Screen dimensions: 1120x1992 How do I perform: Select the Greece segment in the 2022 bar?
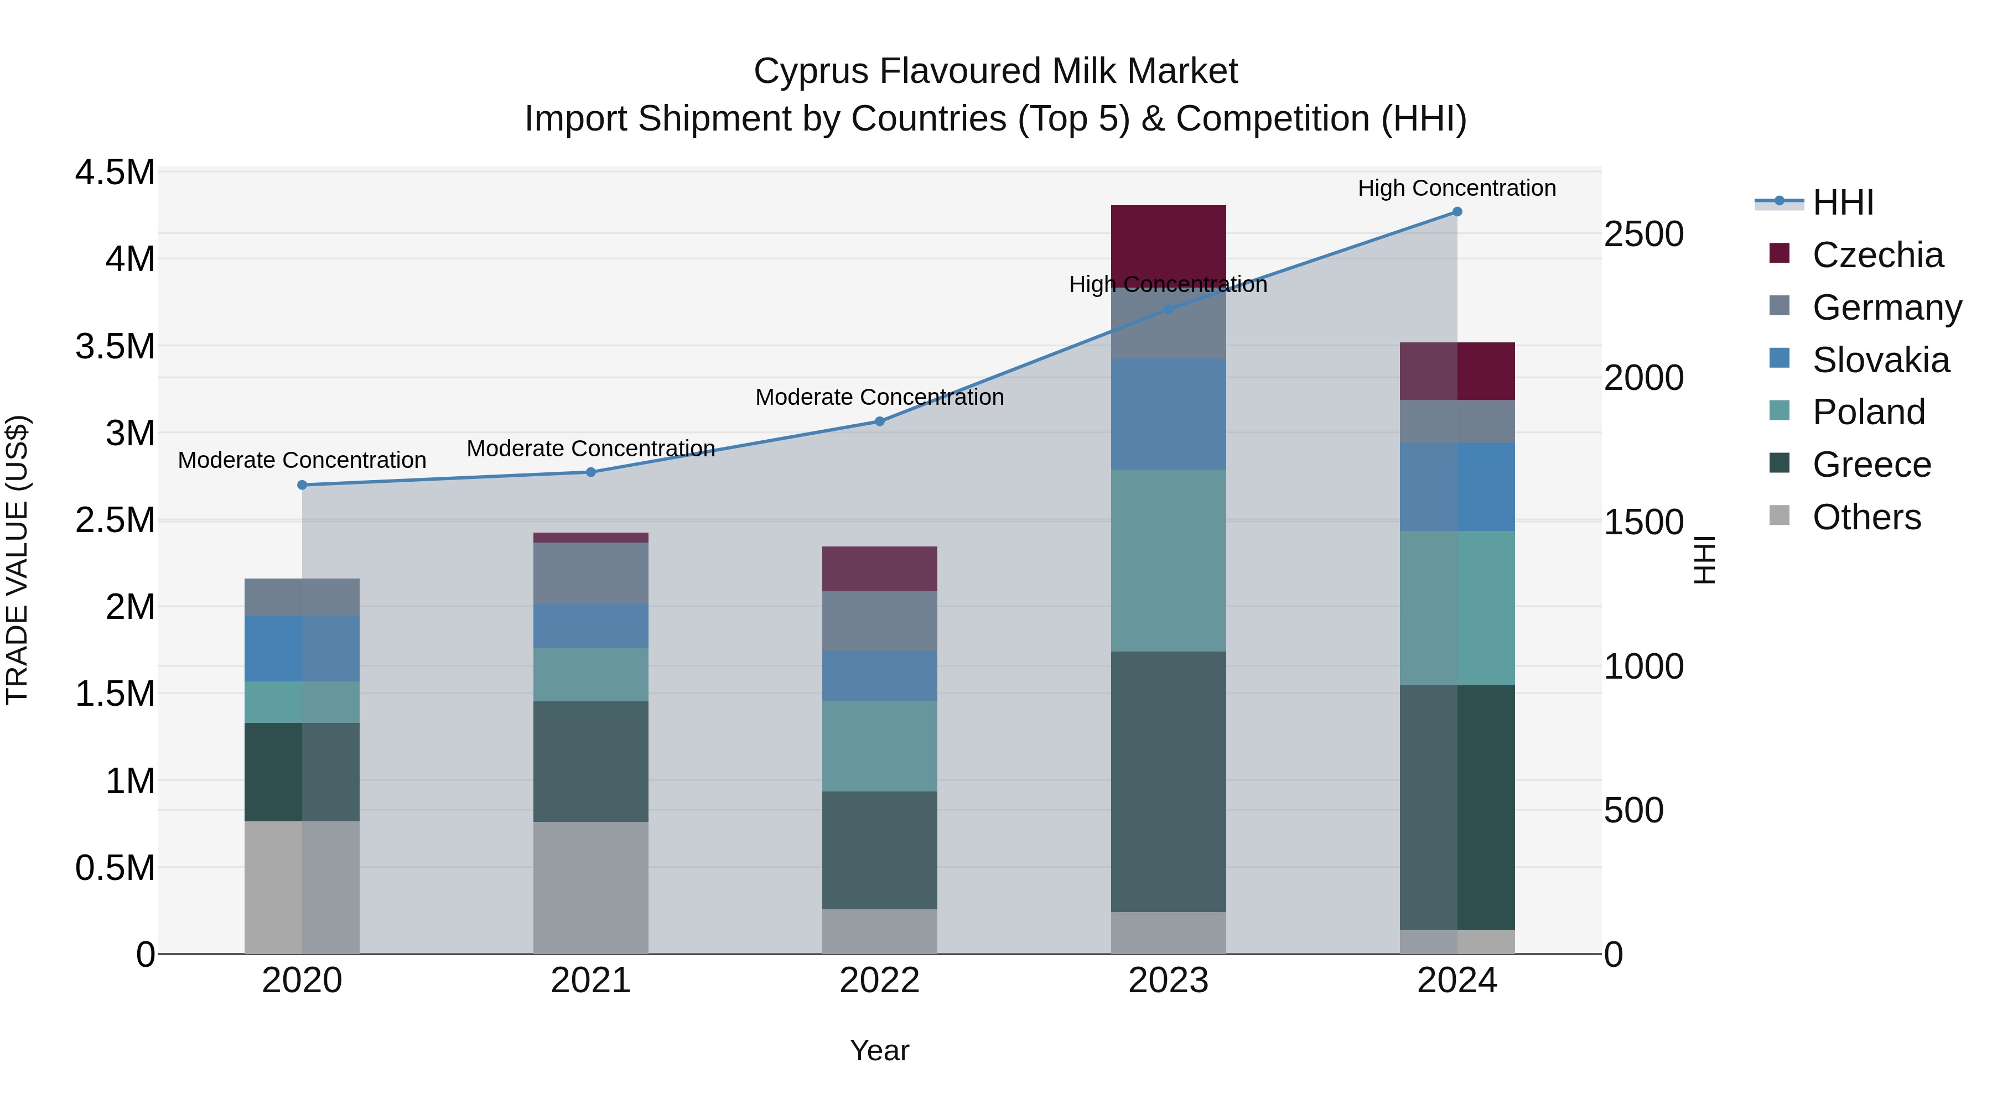tap(879, 850)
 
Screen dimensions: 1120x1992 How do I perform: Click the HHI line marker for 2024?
tap(1457, 212)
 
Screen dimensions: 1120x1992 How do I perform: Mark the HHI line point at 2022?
tap(879, 421)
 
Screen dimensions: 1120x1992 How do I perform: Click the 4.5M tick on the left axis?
tap(115, 173)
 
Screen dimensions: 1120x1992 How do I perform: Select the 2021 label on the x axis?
tap(591, 981)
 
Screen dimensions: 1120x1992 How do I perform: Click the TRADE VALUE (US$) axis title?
tap(17, 560)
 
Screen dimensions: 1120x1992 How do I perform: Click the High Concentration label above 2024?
tap(1457, 188)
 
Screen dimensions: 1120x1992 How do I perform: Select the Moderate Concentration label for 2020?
tap(302, 460)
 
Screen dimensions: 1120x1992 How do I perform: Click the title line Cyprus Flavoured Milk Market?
tap(995, 71)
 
